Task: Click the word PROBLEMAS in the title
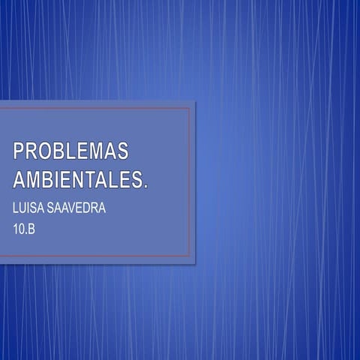click(70, 151)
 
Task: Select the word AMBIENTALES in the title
click(78, 180)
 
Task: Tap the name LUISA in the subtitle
click(28, 208)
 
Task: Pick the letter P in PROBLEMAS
click(19, 151)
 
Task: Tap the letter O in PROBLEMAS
click(48, 151)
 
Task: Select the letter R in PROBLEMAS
click(34, 151)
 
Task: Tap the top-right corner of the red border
click(188, 109)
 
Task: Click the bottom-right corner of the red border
click(188, 256)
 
